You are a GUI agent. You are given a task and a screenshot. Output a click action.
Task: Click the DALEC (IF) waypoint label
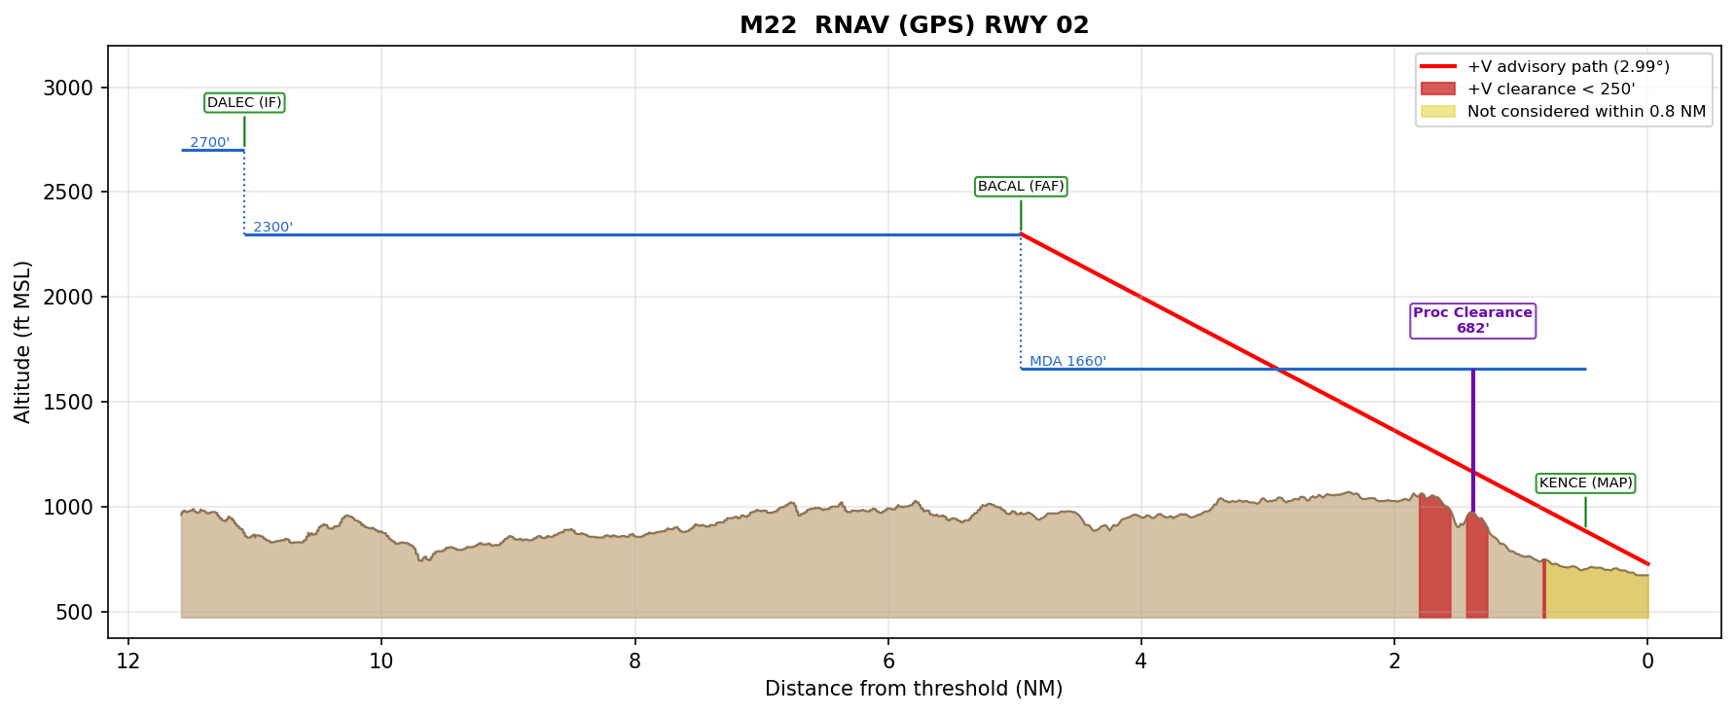(x=244, y=103)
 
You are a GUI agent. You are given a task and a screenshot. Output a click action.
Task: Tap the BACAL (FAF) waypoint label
(x=1021, y=187)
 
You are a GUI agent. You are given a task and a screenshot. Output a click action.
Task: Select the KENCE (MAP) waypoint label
(x=1585, y=483)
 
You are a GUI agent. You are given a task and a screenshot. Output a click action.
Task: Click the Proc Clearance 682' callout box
(x=1472, y=321)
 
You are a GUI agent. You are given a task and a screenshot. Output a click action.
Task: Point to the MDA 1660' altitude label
(x=1067, y=362)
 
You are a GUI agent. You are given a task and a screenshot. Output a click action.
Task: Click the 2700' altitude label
(x=209, y=143)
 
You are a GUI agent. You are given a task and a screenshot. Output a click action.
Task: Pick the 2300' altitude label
(x=272, y=228)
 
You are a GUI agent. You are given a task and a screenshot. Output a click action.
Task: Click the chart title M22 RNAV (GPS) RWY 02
(x=914, y=25)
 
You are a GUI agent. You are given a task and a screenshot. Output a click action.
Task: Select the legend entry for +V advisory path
(x=1568, y=67)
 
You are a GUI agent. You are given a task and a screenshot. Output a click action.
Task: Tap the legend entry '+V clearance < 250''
(x=1550, y=89)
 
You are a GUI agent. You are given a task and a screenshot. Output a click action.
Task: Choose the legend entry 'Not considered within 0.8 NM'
(x=1585, y=112)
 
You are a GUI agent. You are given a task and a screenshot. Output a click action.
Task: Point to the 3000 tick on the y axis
(x=68, y=89)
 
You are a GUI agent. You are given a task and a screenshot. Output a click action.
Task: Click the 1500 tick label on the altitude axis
(x=68, y=403)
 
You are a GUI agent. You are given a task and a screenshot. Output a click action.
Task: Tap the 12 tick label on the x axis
(x=127, y=662)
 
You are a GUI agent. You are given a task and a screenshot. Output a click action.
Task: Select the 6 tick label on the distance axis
(x=888, y=662)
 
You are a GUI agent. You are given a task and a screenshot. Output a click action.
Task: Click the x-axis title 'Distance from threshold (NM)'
(x=914, y=690)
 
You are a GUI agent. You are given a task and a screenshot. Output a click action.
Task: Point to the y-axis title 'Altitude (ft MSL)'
(x=23, y=341)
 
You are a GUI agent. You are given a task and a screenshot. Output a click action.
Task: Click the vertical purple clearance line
(x=1472, y=438)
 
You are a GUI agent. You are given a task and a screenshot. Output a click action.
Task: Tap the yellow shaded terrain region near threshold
(x=1596, y=593)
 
